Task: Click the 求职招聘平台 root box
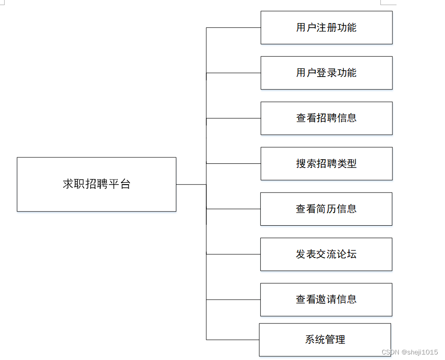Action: coord(96,184)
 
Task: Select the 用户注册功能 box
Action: coord(326,28)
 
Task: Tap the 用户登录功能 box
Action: coord(326,73)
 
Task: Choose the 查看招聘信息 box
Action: coord(326,118)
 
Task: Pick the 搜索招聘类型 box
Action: coord(326,163)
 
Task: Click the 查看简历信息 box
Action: coord(326,209)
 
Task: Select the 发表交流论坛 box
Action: coord(326,254)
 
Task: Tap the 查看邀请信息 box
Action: coord(326,300)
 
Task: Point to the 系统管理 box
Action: coord(325,340)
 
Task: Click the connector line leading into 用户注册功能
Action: coord(233,28)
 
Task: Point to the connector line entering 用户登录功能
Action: coord(233,73)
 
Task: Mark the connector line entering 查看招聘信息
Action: coord(233,118)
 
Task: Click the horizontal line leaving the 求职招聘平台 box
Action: coord(191,185)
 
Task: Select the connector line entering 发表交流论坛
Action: coord(233,254)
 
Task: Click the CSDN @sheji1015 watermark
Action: coord(410,352)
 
